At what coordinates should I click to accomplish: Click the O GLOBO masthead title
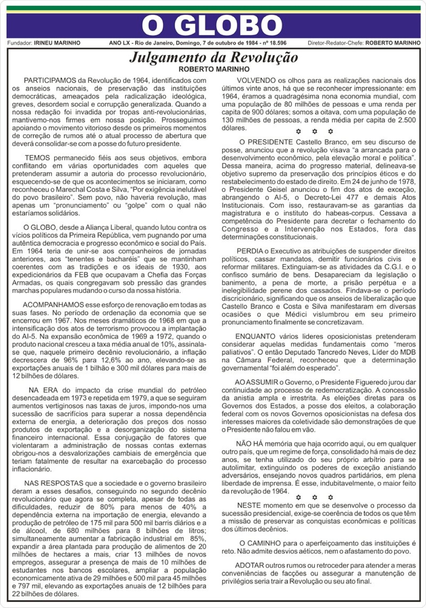(212, 26)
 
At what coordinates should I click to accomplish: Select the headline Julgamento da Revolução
(214, 57)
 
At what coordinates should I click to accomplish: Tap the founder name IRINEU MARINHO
(57, 43)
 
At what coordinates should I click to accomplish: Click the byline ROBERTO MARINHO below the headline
(214, 69)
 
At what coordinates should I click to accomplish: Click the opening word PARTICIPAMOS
(49, 81)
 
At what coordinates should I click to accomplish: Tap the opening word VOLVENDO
(255, 81)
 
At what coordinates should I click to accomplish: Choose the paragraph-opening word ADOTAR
(249, 565)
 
